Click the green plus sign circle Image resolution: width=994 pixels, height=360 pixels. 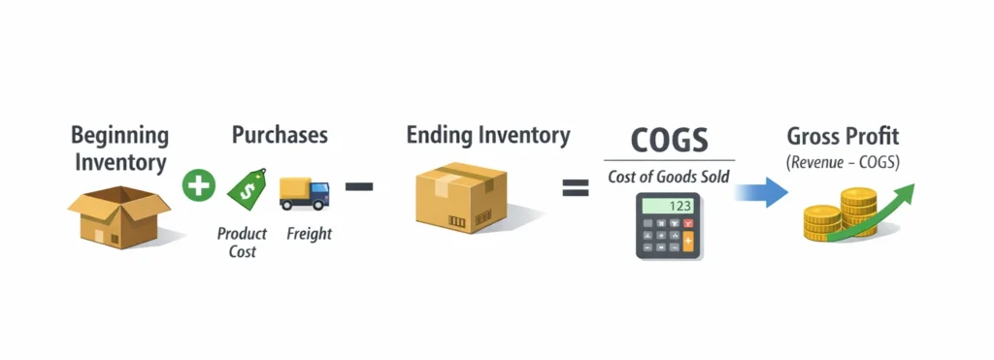pos(198,184)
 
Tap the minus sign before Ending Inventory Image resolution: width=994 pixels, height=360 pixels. pos(359,185)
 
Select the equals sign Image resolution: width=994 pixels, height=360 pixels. pos(576,187)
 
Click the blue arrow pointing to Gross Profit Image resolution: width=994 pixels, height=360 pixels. pos(760,190)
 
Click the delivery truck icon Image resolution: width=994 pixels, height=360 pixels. pos(303,192)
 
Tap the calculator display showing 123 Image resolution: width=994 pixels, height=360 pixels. pos(669,206)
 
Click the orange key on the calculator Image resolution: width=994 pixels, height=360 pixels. pos(689,243)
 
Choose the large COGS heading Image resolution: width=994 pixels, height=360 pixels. pos(669,140)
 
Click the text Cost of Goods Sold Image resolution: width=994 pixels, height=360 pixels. pos(669,177)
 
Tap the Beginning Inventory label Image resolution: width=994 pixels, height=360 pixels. pos(120,148)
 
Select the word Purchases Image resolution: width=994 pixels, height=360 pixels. pos(280,135)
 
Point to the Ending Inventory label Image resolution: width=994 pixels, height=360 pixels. pos(488,135)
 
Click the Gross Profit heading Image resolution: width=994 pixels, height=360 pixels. pos(843,135)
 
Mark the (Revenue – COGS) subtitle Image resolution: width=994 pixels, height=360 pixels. pos(843,162)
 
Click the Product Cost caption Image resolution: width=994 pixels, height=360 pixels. pos(242,243)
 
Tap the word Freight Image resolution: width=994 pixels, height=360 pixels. pos(309,234)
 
